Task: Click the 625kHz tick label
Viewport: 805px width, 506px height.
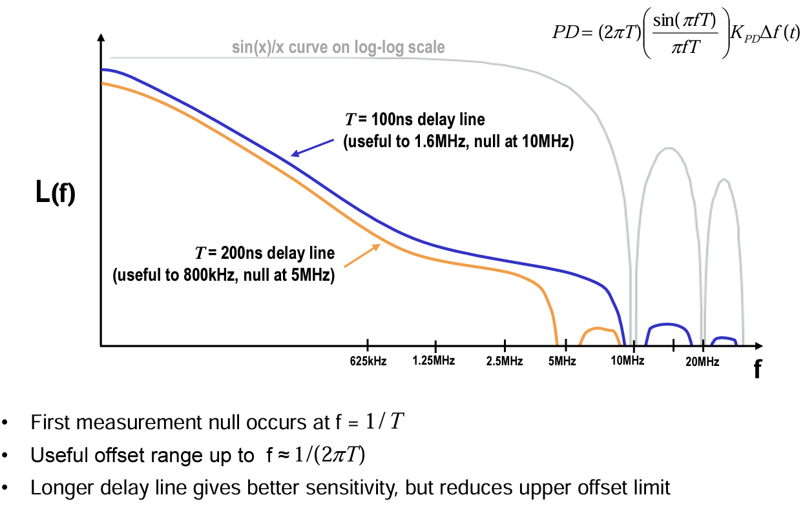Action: point(368,361)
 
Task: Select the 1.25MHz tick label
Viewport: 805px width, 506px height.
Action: point(434,360)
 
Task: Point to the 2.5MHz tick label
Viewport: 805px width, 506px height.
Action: point(505,361)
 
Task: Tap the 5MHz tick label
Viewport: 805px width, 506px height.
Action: point(562,361)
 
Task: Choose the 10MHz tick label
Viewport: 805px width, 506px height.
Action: point(627,361)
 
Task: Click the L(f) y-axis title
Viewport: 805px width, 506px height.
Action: point(56,194)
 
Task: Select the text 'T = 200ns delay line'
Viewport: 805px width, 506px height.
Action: point(265,252)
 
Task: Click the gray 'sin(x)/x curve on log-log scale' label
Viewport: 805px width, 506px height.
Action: point(339,48)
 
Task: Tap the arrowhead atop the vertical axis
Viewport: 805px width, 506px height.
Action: point(100,39)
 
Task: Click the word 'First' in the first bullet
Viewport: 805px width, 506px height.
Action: point(50,423)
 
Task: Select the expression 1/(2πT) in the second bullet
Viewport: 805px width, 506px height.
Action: point(329,456)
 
